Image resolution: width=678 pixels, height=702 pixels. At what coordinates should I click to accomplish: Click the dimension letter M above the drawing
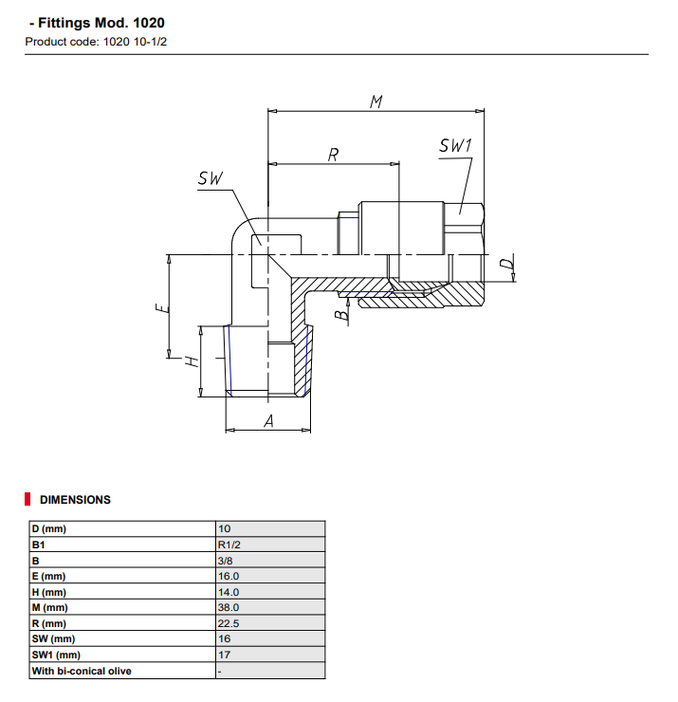(376, 101)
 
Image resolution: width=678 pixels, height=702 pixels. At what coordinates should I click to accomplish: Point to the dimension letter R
(333, 155)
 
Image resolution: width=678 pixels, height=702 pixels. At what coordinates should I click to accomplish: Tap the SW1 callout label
(455, 146)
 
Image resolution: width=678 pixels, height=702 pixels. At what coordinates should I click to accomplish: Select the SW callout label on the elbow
(211, 178)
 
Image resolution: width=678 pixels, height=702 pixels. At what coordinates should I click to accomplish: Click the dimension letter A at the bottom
(267, 422)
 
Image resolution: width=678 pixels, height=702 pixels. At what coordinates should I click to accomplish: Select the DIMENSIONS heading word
(75, 500)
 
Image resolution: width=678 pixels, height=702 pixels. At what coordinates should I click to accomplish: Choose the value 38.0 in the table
(229, 607)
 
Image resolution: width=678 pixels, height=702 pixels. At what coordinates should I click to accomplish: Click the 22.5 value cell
(229, 623)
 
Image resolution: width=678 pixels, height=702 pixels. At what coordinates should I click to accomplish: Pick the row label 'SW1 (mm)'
(54, 655)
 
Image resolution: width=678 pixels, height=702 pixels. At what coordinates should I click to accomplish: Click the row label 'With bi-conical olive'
(82, 671)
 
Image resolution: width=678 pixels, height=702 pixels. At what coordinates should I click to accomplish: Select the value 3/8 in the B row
(227, 561)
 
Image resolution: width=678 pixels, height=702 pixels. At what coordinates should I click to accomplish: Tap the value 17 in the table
(225, 655)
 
